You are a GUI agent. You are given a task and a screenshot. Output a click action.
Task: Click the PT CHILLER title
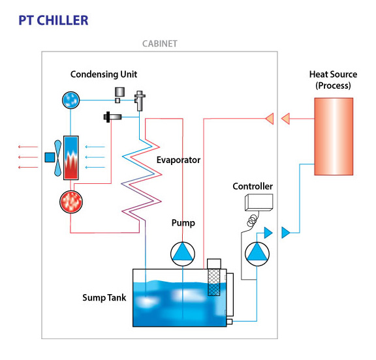[x=54, y=20]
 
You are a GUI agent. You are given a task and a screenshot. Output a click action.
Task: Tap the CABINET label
[x=159, y=44]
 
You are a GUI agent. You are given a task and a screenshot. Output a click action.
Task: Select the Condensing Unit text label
[x=104, y=74]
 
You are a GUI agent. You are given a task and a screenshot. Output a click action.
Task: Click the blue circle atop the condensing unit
[x=70, y=99]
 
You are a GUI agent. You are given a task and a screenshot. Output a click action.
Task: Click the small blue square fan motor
[x=49, y=157]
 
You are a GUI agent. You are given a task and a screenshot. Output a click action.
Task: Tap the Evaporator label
[x=178, y=160]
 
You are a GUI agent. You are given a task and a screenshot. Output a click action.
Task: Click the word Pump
[x=183, y=223]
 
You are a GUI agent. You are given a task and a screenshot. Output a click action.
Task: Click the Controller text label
[x=253, y=187]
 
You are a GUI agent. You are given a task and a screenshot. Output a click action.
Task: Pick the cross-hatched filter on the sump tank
[x=215, y=282]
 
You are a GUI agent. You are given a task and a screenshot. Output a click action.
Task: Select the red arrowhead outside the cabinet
[x=286, y=118]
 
